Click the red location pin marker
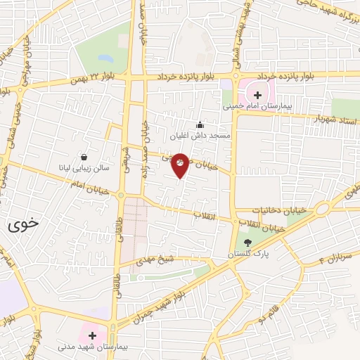[181, 165]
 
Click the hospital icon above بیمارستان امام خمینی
[257, 95]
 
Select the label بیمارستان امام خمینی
[256, 108]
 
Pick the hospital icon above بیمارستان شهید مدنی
[91, 336]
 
